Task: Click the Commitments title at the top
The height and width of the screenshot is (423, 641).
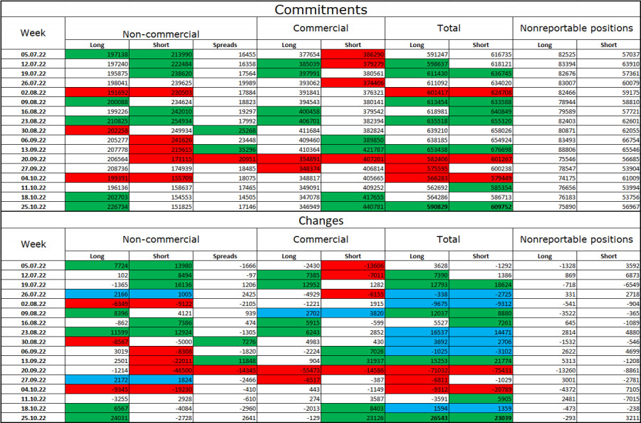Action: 320,9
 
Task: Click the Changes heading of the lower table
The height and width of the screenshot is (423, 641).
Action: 320,221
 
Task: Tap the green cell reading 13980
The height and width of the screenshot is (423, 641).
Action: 161,265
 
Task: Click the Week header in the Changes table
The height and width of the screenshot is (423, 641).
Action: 33,244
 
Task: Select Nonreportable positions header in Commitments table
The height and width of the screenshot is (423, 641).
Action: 577,29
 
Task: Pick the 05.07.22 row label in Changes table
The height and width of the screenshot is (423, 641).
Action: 33,265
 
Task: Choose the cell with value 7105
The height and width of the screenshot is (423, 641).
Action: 609,389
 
